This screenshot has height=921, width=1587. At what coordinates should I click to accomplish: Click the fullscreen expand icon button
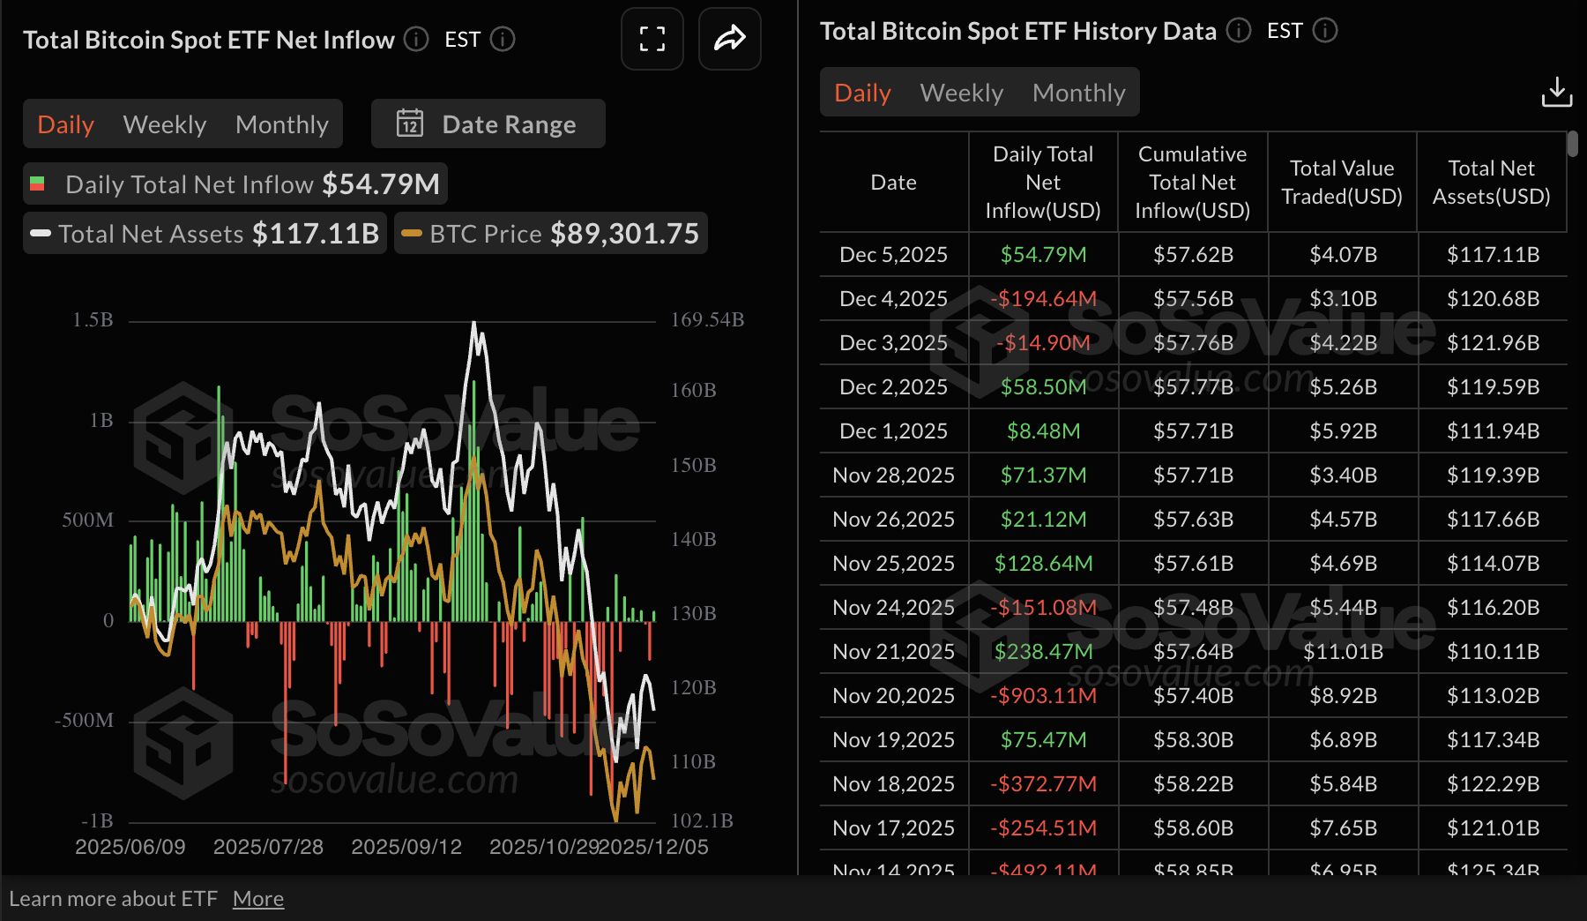pos(652,39)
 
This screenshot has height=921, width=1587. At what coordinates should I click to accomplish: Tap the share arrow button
pos(729,39)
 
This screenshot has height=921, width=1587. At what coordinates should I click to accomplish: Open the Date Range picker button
pos(488,124)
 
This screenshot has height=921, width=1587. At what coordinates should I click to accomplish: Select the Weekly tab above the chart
pos(165,124)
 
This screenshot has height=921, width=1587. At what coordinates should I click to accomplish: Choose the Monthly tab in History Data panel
pos(1078,93)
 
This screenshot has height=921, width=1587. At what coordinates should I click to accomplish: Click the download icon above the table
pos(1556,92)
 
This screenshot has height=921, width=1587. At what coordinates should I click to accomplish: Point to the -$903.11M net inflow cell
pos(1043,695)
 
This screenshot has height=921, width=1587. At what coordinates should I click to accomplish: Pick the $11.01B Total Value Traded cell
pos(1342,651)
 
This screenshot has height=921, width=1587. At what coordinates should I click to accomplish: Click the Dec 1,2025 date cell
pos(893,431)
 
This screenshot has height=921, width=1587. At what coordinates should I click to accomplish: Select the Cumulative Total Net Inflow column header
pos(1192,182)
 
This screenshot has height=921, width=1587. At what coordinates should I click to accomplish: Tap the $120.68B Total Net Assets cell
pos(1492,298)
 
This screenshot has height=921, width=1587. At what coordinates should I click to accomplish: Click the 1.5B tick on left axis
pos(93,319)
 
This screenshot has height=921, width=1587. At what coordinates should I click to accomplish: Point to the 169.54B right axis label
pos(707,319)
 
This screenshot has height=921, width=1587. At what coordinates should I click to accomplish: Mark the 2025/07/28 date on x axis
pos(268,847)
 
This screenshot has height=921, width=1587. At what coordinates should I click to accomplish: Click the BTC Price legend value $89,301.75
pos(624,234)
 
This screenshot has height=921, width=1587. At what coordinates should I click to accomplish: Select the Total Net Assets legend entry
pos(205,234)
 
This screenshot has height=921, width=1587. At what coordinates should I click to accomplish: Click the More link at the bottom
pos(258,899)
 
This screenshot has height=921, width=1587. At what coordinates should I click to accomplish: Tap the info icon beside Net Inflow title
pos(416,39)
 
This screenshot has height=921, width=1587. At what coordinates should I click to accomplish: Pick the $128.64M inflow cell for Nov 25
pos(1043,563)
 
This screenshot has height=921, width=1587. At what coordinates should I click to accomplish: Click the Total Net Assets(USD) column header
pos(1491,182)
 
